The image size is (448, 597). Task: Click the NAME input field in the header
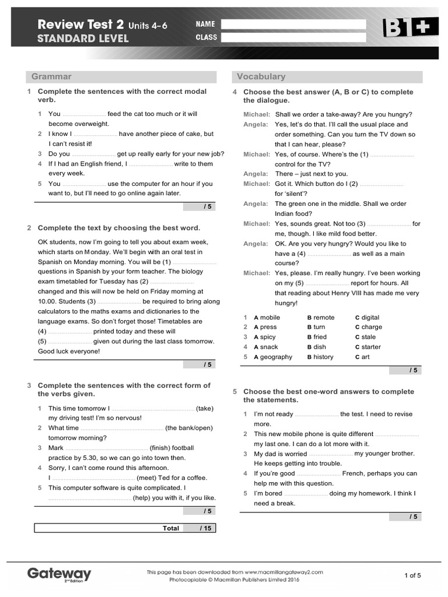[293, 24]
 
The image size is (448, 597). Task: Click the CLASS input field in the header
[293, 37]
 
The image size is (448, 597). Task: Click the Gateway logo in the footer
[59, 574]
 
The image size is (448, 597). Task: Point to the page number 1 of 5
[412, 575]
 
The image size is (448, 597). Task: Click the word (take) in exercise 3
[205, 409]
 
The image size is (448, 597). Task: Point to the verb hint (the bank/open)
[189, 428]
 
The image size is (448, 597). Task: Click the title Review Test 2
[80, 24]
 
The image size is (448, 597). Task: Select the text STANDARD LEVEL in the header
[83, 39]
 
